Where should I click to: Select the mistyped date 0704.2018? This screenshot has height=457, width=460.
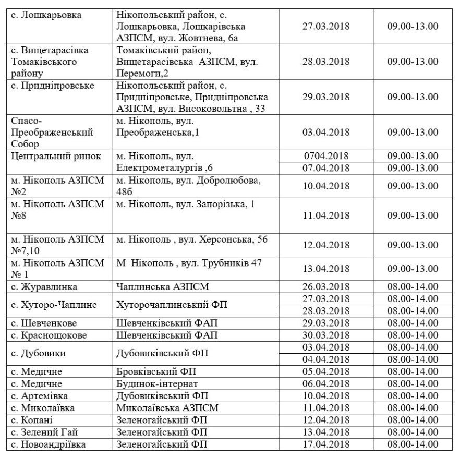click(x=326, y=155)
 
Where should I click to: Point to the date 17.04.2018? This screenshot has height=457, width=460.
click(x=326, y=444)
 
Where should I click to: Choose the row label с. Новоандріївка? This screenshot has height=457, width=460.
click(x=49, y=444)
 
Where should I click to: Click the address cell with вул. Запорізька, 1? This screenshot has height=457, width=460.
click(x=186, y=205)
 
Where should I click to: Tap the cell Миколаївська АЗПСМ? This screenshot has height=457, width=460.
click(x=167, y=407)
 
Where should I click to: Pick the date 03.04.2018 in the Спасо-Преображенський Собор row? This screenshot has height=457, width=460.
click(x=326, y=132)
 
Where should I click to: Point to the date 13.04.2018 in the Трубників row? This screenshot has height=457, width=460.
click(x=326, y=268)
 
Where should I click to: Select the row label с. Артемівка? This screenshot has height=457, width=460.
click(x=42, y=395)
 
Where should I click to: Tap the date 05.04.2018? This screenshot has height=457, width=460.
click(x=326, y=371)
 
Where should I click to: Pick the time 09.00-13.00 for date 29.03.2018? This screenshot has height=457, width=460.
click(x=412, y=97)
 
